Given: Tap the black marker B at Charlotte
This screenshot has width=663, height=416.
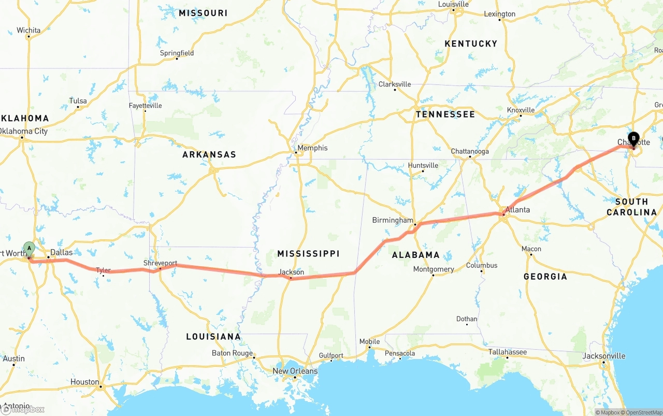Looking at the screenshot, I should tap(633, 139).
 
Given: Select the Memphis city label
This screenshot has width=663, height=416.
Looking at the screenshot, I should tap(312, 148).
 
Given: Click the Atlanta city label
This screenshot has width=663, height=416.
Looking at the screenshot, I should tap(518, 210).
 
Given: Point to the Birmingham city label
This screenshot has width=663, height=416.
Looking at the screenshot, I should tap(393, 220).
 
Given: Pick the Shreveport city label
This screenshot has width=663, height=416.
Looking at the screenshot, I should tap(160, 263).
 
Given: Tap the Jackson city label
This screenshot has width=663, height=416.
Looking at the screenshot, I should tap(291, 272).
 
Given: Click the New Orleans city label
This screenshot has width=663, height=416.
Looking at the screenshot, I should tap(295, 371).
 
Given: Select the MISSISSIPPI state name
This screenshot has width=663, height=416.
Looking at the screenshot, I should tap(308, 253).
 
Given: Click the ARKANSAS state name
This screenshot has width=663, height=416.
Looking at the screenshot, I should tap(209, 154).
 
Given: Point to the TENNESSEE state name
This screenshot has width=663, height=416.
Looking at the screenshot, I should tap(445, 114).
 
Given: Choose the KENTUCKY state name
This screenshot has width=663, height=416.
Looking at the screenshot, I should tap(471, 44).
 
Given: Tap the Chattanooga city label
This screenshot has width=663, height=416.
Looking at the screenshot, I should tap(470, 151).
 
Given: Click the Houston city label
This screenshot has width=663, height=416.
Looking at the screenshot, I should tap(84, 382).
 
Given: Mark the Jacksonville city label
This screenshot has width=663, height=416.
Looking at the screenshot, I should tap(603, 356).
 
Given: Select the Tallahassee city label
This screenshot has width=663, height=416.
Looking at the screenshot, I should tap(508, 352).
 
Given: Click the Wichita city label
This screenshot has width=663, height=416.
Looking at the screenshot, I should tap(28, 30).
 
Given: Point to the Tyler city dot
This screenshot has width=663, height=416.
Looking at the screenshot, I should tap(103, 276).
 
